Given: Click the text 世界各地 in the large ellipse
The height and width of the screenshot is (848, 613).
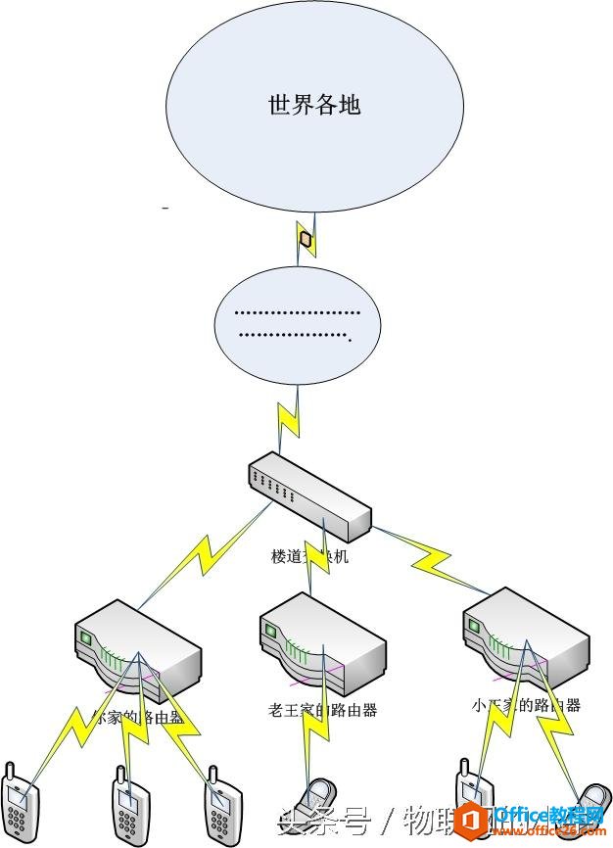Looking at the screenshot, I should (x=314, y=105).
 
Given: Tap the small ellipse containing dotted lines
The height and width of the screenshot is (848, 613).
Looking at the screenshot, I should (x=298, y=326).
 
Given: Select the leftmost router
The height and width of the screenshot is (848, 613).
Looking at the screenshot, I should (x=137, y=651).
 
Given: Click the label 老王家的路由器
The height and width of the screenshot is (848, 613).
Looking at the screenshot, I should (x=322, y=710).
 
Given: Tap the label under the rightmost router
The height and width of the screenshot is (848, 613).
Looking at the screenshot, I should (x=525, y=704).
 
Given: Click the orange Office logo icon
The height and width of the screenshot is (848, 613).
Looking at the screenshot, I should (x=473, y=819).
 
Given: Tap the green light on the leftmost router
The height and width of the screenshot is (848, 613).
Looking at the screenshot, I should (x=85, y=637).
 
